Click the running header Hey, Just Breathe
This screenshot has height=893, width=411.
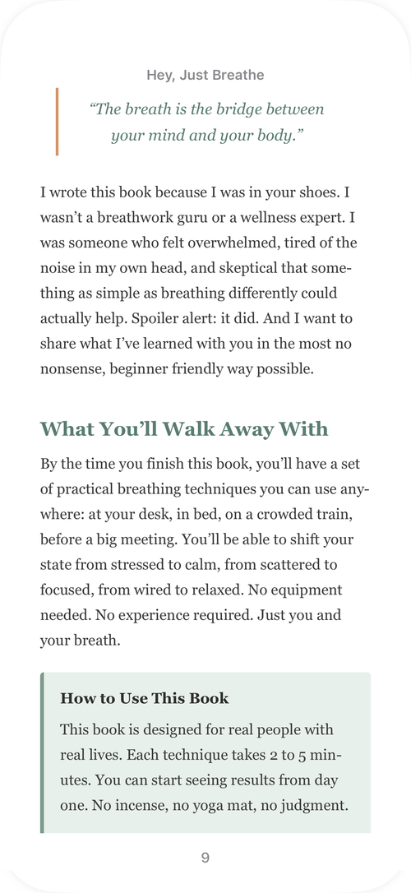click(205, 76)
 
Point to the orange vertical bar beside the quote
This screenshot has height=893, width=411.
click(57, 121)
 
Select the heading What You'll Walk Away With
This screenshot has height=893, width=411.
click(184, 428)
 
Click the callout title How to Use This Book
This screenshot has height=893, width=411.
click(145, 699)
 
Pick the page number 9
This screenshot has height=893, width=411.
click(205, 858)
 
